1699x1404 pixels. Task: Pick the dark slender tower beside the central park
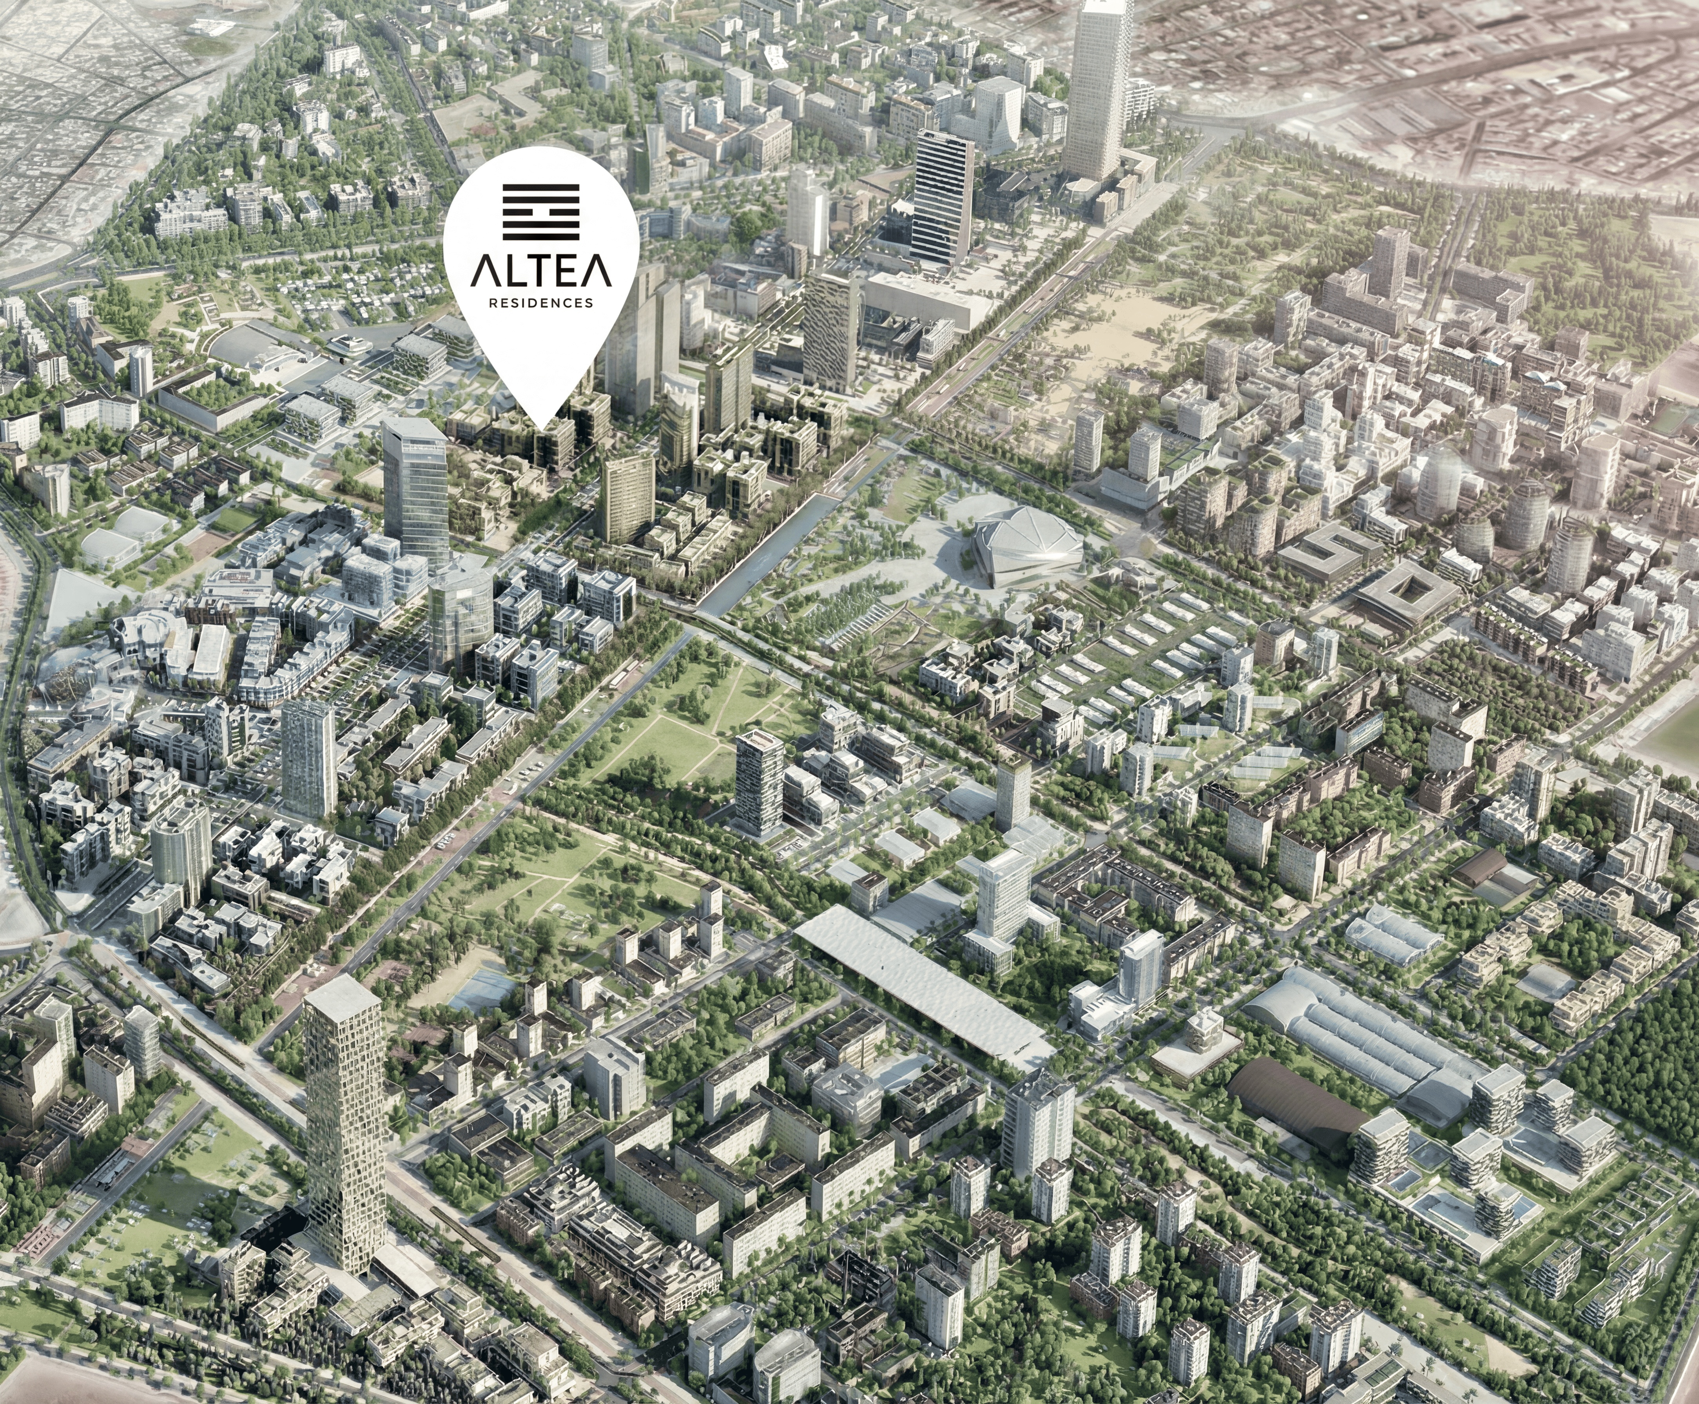tap(759, 780)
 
